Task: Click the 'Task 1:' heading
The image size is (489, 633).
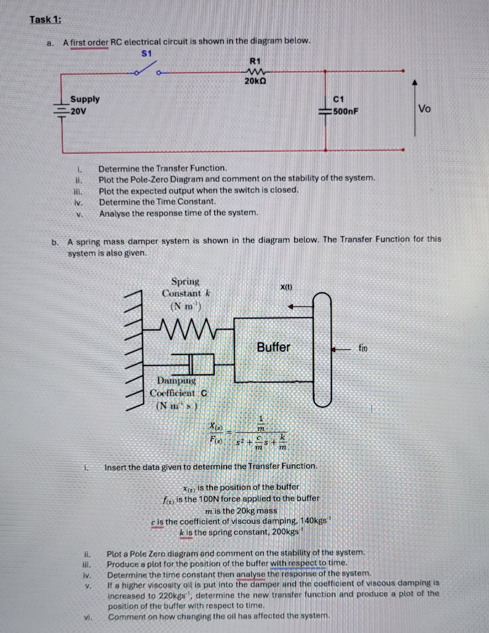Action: [x=45, y=19]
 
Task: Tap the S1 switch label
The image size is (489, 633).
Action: [x=147, y=53]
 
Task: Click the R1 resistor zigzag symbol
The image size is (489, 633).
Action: [x=255, y=71]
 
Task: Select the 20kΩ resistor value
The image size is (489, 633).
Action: [x=255, y=81]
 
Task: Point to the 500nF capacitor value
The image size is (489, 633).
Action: [x=346, y=111]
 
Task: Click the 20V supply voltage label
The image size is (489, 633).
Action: [x=78, y=111]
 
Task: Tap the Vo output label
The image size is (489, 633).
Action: [x=424, y=109]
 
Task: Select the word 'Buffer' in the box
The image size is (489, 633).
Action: [x=273, y=347]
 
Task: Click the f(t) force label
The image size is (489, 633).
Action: [x=363, y=348]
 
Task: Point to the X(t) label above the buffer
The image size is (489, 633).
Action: [x=286, y=287]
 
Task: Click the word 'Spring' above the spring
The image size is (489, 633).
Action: [x=185, y=281]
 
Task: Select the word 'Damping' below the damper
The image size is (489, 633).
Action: [x=177, y=381]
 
